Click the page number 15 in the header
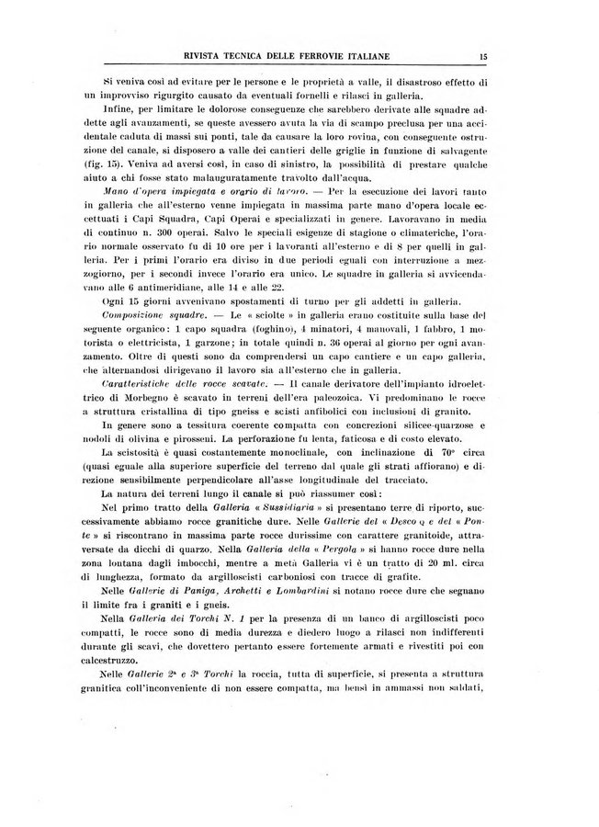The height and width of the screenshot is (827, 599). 482,57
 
